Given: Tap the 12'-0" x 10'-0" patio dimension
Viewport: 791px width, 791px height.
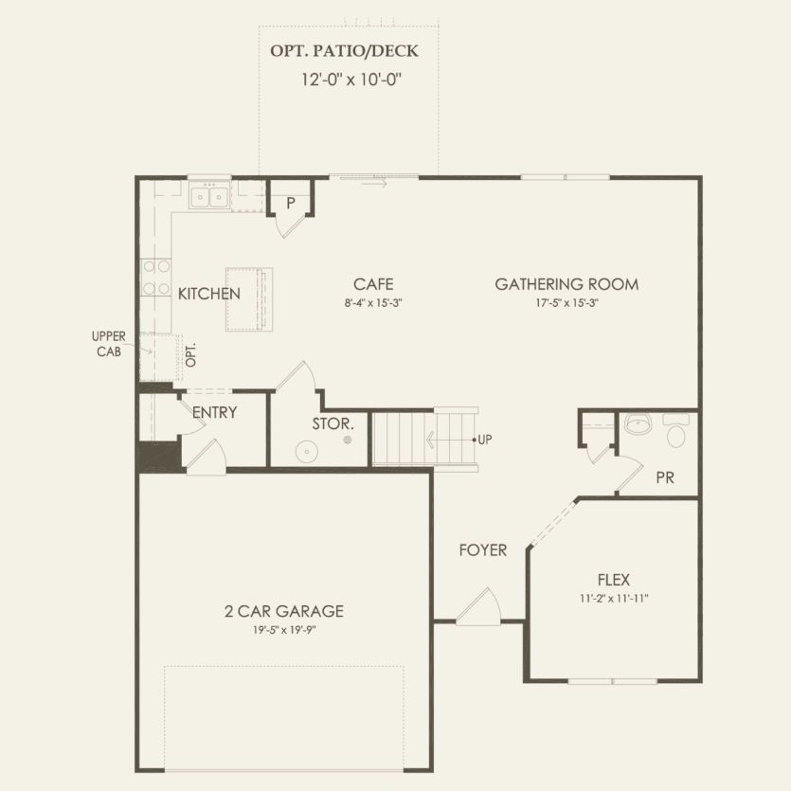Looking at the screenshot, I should click(x=352, y=80).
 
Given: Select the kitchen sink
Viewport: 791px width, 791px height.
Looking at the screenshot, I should click(x=208, y=197).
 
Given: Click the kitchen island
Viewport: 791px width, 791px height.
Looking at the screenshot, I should click(x=249, y=299).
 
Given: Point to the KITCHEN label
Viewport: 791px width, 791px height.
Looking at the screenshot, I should click(x=208, y=294).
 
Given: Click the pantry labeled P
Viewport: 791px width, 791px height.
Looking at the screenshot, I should click(x=290, y=204).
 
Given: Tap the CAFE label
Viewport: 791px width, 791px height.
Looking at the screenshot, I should click(x=373, y=284).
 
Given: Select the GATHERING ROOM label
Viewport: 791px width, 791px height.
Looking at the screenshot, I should click(x=566, y=284).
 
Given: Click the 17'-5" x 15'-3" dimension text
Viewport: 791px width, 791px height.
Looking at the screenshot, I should click(x=566, y=303).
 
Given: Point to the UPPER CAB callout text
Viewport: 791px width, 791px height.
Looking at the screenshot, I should click(x=108, y=343).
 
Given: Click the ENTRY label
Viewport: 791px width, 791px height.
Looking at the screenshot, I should click(x=214, y=413).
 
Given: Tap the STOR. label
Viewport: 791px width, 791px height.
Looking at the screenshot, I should click(x=333, y=423).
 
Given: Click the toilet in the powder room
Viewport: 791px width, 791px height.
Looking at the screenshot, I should click(x=676, y=434).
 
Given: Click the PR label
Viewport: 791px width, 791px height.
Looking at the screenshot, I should click(x=665, y=477).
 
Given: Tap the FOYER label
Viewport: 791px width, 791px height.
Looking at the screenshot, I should click(x=483, y=549).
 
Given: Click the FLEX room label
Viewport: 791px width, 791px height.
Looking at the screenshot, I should click(x=614, y=580).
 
